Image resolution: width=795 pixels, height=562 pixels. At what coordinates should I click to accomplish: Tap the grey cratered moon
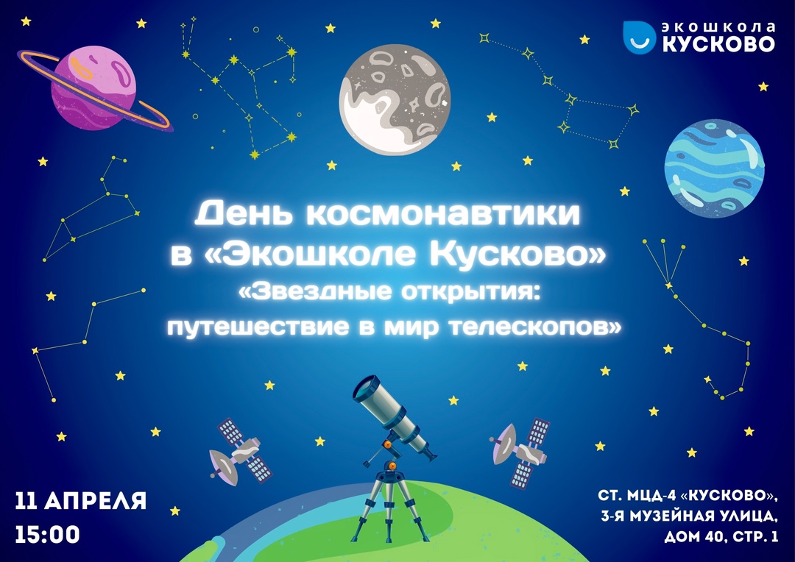395,99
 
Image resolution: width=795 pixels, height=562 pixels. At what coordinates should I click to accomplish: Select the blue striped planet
714,168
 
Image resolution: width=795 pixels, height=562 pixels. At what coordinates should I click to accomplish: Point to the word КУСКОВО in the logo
718,44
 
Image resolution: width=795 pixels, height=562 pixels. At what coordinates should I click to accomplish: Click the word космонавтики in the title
442,213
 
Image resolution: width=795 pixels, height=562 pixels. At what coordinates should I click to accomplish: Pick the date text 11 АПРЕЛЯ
81,501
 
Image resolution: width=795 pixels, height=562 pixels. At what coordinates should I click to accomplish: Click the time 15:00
48,535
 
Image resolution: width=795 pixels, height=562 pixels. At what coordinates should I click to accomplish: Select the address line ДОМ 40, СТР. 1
721,537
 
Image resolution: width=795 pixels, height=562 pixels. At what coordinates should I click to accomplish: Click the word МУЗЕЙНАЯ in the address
672,516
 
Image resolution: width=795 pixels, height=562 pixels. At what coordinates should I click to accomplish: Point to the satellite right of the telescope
520,452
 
